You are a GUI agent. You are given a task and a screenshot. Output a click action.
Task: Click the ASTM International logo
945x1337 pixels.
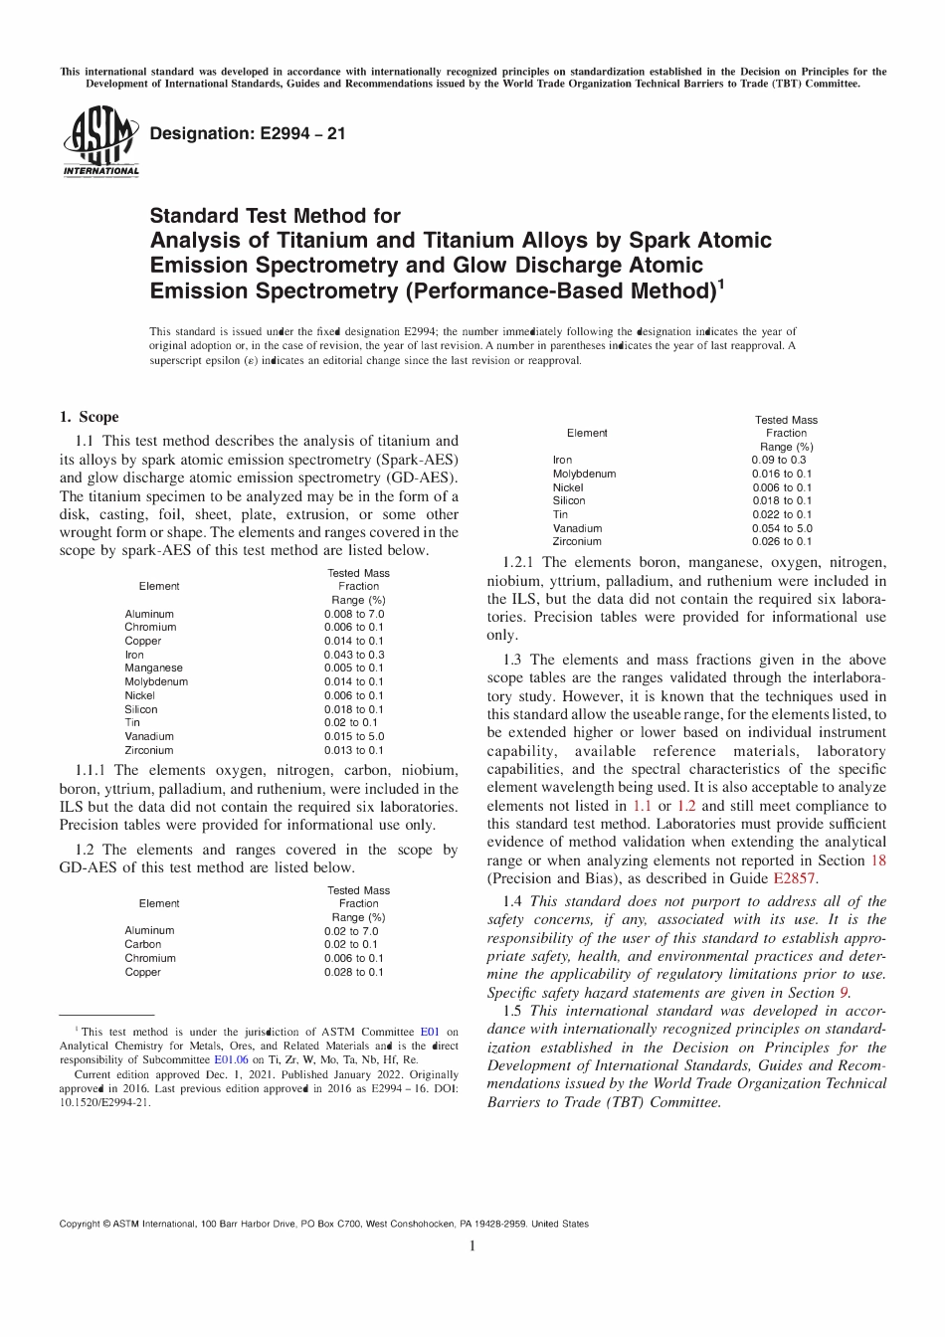coord(100,145)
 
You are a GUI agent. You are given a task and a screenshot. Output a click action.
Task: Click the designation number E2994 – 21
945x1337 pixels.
coord(247,133)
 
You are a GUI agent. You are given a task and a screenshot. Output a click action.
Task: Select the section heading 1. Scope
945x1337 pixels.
coord(89,417)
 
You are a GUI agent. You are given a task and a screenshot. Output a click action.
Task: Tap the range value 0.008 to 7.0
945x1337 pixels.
coord(353,614)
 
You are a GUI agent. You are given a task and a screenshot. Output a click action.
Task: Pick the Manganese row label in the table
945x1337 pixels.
coord(153,668)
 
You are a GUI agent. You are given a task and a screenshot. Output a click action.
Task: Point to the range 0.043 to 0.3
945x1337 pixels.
coord(353,655)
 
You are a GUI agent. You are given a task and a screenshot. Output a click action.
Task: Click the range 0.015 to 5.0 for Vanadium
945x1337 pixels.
coord(353,736)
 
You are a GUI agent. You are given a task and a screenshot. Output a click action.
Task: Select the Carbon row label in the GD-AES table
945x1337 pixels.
coord(142,944)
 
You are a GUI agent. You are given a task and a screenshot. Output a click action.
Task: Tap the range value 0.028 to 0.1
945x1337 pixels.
coord(353,972)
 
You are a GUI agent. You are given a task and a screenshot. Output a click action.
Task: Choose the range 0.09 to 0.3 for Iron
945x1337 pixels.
coord(779,461)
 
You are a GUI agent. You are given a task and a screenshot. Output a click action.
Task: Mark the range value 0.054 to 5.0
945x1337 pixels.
coord(781,528)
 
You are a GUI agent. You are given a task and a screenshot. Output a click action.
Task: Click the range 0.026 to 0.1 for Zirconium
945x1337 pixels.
coord(781,541)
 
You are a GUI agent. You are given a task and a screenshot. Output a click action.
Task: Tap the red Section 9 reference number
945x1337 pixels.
coord(844,993)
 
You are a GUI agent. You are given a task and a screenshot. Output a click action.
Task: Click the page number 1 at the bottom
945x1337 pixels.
coord(472,1245)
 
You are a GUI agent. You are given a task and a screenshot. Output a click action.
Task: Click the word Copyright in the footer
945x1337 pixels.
coord(80,1224)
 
